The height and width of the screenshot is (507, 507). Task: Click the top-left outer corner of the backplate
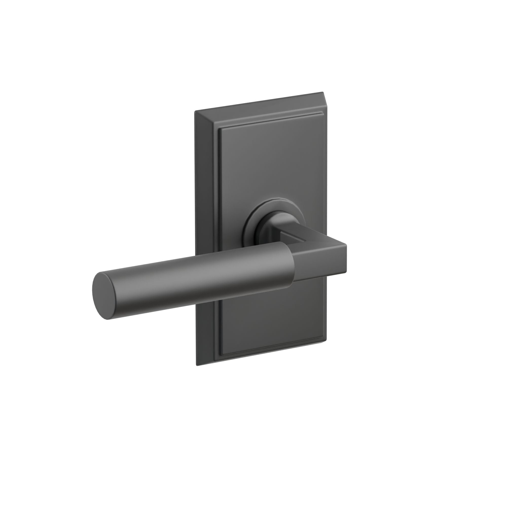pos(195,111)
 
